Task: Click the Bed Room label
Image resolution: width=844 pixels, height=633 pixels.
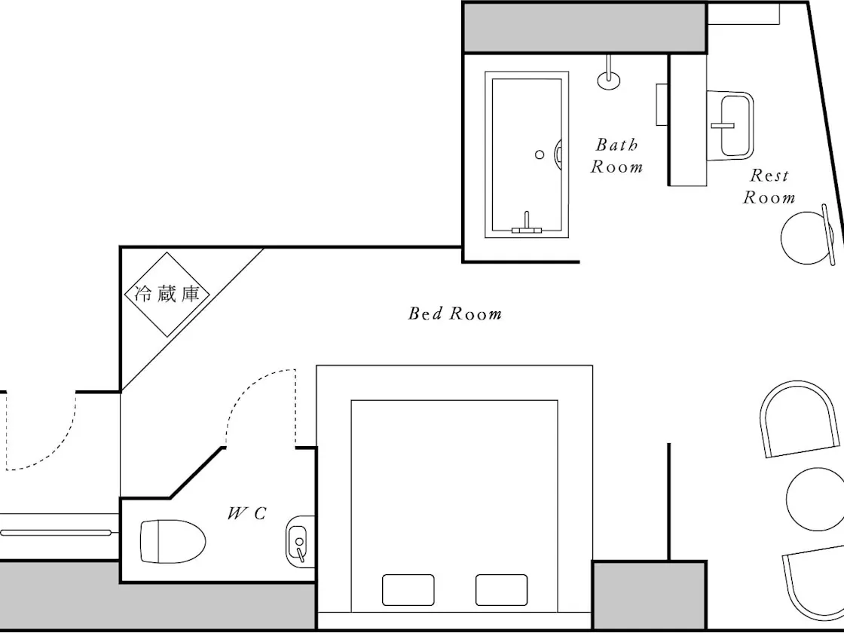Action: point(455,313)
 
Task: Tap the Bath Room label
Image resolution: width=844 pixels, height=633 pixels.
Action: point(617,155)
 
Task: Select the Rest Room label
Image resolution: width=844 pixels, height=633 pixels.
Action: point(769,186)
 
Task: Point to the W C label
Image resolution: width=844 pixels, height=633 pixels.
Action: point(247,513)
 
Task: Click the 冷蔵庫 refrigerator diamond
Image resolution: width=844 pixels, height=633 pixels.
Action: point(167,295)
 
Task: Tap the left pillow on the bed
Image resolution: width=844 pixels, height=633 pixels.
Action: point(408,590)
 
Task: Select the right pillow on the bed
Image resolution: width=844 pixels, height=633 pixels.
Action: point(501,590)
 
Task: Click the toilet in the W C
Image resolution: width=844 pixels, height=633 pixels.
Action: point(173,542)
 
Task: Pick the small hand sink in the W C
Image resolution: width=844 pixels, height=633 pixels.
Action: point(299,542)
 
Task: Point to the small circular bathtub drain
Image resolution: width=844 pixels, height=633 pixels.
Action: point(540,154)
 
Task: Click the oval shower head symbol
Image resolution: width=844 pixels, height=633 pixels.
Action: point(609,81)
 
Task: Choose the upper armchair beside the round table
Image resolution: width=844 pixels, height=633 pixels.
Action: point(764,420)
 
